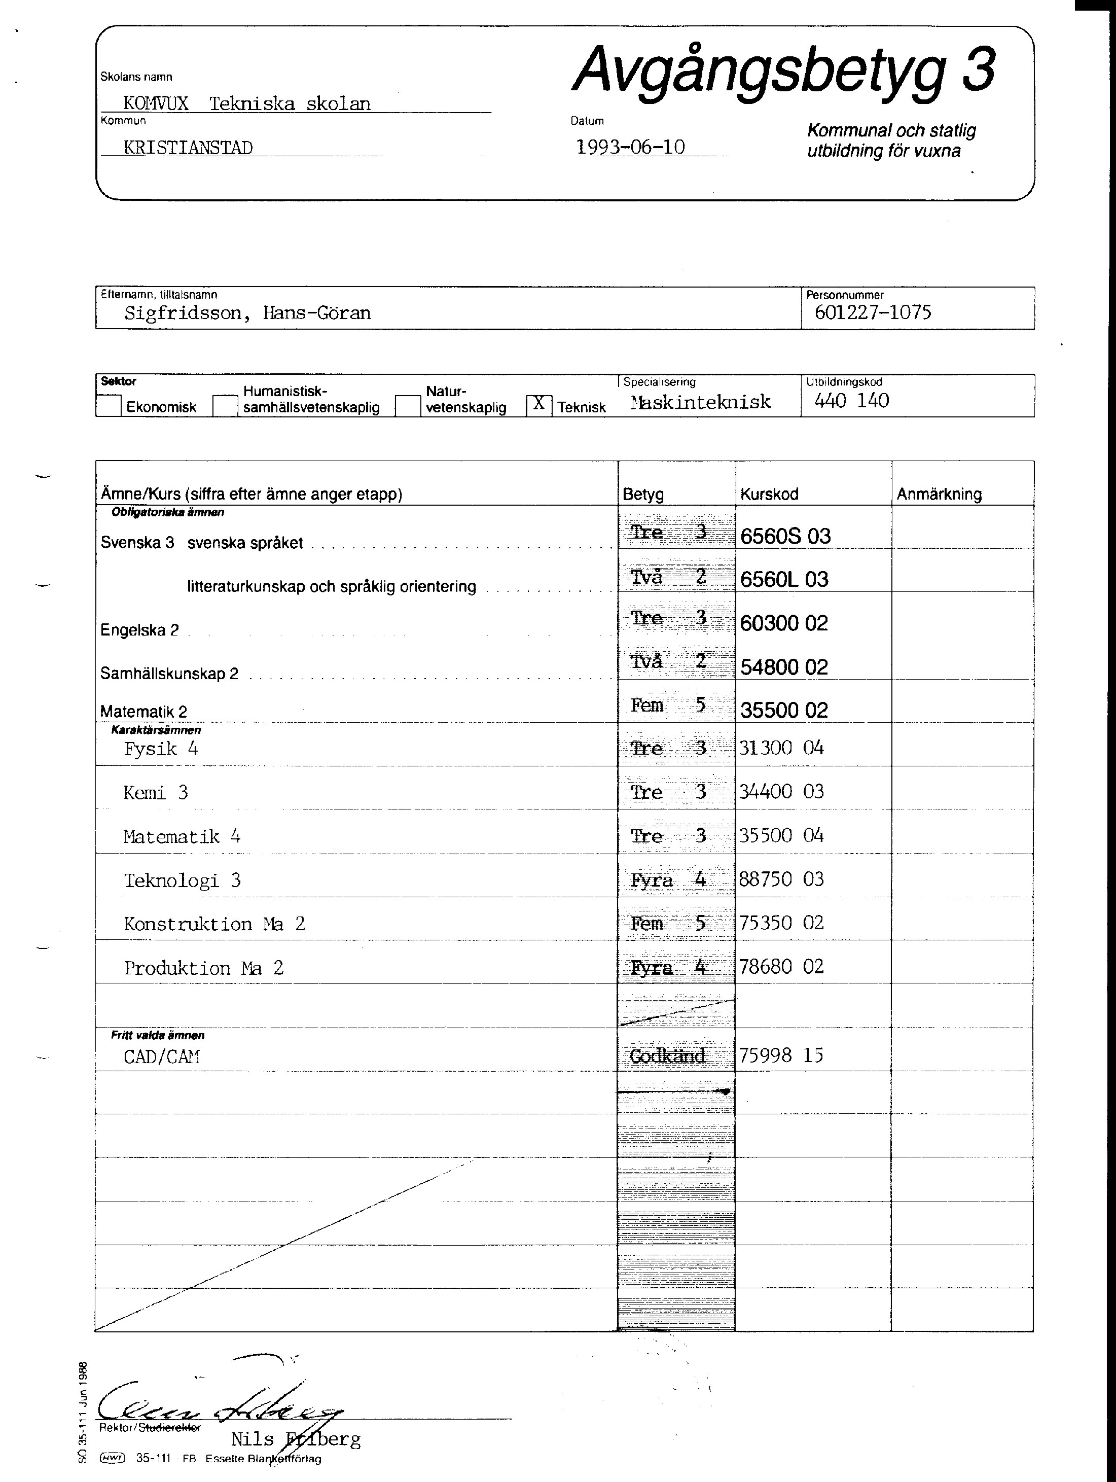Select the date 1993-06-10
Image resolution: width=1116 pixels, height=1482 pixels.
click(x=630, y=147)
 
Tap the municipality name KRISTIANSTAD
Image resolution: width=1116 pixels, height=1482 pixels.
click(x=188, y=148)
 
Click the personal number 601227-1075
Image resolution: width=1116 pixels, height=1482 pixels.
click(x=872, y=312)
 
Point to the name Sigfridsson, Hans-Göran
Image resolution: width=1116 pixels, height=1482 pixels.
click(x=247, y=313)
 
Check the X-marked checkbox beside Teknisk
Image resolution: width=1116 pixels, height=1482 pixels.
click(x=538, y=404)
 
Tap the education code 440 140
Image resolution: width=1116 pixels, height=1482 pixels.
click(x=851, y=401)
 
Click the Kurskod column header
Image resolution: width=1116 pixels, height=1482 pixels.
click(x=769, y=495)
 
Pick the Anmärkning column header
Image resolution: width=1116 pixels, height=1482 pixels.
click(x=939, y=495)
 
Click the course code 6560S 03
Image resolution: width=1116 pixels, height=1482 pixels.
click(x=785, y=536)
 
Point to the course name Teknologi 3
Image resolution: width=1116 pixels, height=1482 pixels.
click(x=182, y=880)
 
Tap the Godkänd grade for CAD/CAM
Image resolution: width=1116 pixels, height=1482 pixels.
click(x=668, y=1056)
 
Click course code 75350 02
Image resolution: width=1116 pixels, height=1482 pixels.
click(x=781, y=923)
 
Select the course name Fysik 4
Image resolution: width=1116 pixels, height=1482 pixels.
click(x=161, y=749)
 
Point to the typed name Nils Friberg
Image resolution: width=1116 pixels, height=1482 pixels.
click(x=296, y=1439)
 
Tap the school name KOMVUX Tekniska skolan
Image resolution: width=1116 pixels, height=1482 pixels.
click(x=246, y=104)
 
